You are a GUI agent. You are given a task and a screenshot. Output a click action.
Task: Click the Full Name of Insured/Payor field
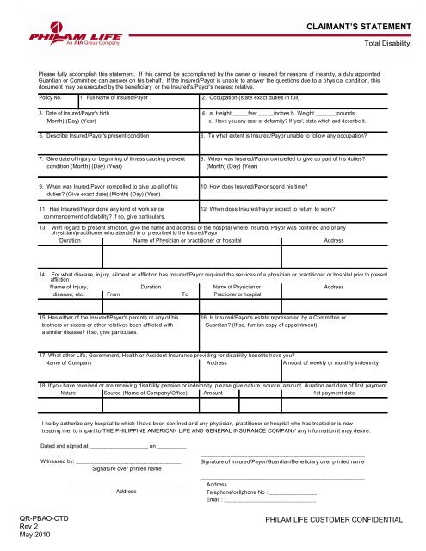(113, 99)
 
